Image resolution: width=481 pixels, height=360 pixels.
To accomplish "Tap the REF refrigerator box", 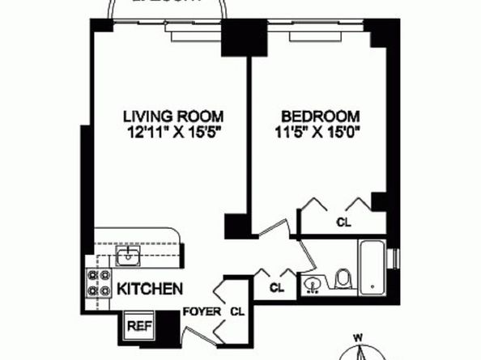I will [x=136, y=327].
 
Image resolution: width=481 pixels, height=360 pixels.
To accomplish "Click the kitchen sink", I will [x=127, y=258].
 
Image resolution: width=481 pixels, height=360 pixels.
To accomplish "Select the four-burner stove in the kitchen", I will [x=98, y=284].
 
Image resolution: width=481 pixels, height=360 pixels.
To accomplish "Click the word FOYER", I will [x=198, y=311].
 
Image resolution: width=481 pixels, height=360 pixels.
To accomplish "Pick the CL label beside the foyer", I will [x=237, y=311].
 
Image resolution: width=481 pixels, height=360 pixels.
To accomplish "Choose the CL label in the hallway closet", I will [x=277, y=286].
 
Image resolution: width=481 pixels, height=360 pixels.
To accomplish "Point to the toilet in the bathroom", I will [x=343, y=279].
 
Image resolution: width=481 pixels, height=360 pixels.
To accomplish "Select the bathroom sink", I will [x=313, y=284].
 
